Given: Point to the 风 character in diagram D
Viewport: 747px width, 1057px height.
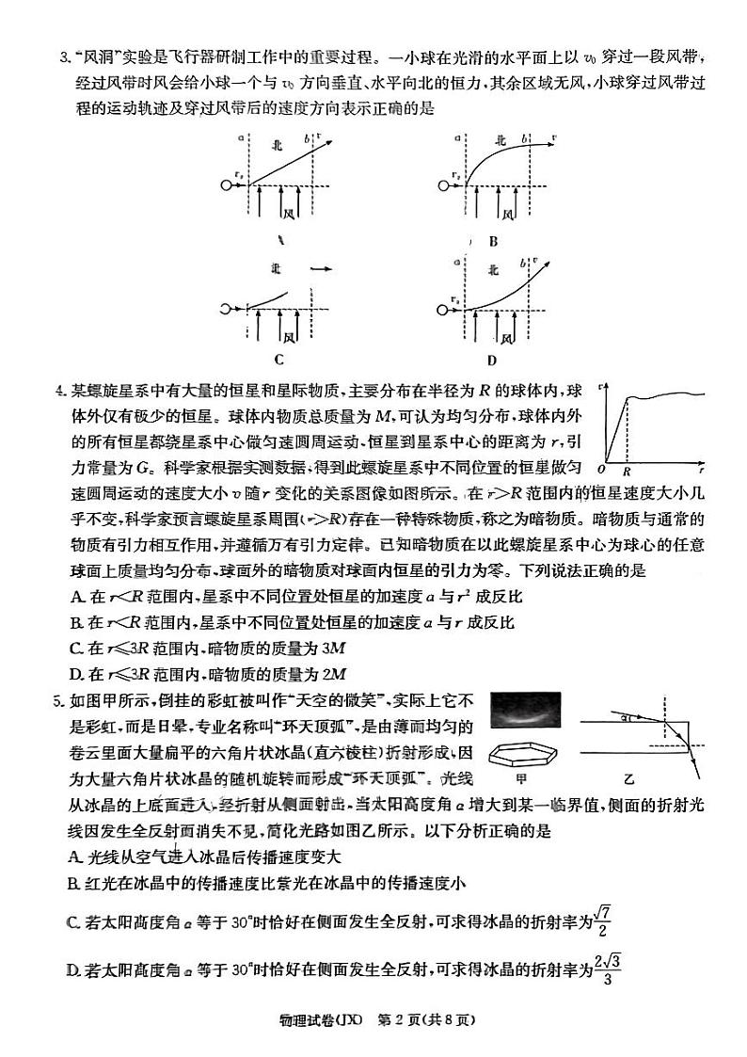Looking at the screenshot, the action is click(508, 335).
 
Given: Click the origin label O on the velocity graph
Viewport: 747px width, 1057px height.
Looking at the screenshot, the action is click(603, 468).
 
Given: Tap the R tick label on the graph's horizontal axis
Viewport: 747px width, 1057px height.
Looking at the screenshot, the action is click(626, 468).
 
